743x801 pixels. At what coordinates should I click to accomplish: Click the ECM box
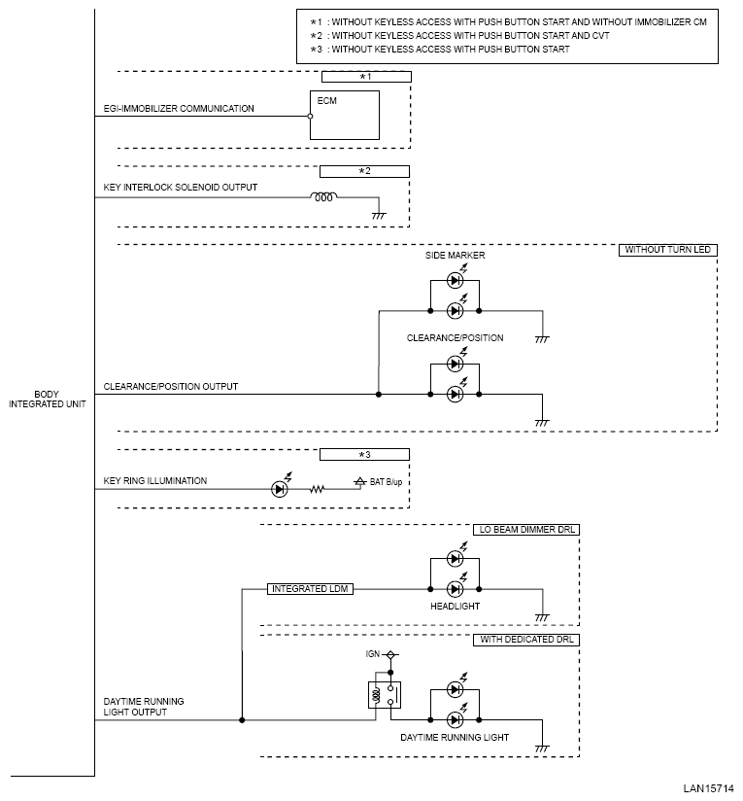(345, 117)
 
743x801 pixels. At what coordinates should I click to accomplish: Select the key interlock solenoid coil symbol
(323, 198)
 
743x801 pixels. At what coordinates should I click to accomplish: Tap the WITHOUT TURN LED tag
(668, 250)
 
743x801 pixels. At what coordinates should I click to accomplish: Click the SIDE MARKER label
(455, 255)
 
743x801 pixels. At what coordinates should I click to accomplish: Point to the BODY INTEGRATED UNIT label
(47, 400)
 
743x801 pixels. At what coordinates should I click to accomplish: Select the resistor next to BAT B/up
(317, 489)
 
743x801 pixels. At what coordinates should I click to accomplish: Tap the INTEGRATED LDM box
(310, 589)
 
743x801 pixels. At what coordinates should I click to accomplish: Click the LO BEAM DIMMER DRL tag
(525, 530)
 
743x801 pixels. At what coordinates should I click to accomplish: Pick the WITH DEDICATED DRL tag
(527, 640)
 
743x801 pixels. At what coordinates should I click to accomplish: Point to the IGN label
(372, 654)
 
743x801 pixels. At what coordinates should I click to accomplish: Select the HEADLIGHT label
(455, 607)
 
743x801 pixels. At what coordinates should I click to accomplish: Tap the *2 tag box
(364, 171)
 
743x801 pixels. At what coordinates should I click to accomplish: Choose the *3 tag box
(364, 454)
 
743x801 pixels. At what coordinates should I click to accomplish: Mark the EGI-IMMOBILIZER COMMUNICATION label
(179, 108)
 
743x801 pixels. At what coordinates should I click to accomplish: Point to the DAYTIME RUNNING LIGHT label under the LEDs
(455, 738)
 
